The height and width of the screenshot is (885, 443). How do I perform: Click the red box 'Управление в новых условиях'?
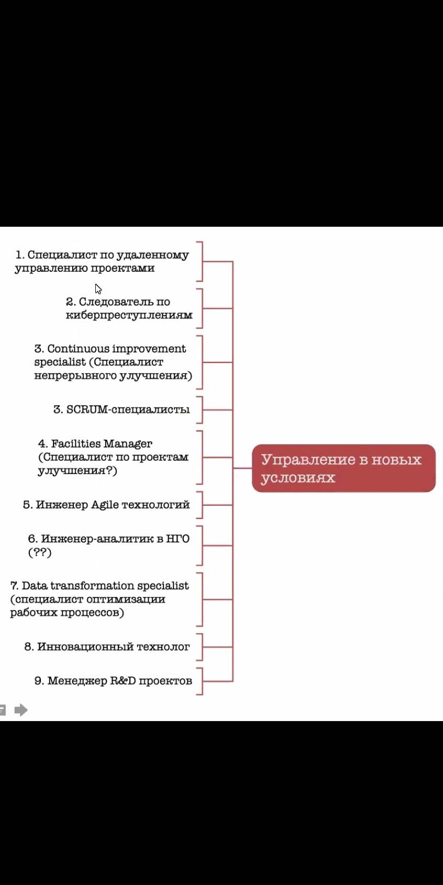tap(344, 468)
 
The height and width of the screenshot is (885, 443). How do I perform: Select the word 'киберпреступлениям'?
tap(129, 315)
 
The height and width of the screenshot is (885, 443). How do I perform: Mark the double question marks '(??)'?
tap(40, 552)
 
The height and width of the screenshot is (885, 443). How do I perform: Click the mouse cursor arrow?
tap(98, 289)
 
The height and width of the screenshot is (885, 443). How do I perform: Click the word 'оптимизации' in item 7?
tap(126, 600)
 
